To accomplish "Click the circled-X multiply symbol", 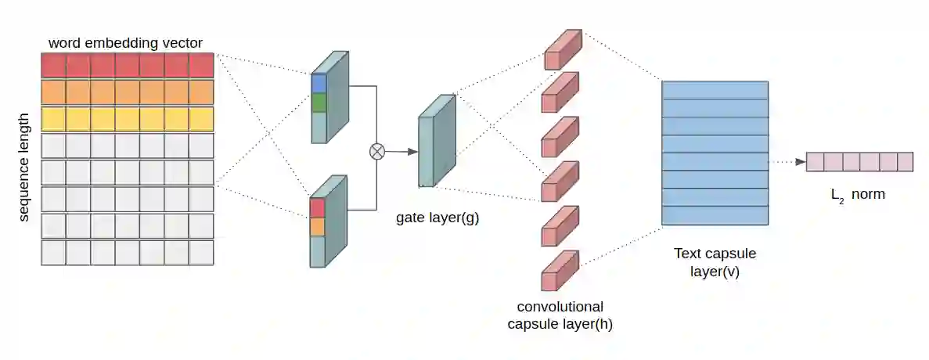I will coord(377,151).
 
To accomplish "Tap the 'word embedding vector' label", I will coord(126,41).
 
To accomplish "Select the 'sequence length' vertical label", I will coord(24,166).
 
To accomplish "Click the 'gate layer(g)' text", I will coord(437,218).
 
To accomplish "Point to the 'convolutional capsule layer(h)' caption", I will coord(560,315).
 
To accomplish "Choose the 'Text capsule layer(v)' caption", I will coord(715,263).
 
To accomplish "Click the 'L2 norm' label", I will coord(858,194).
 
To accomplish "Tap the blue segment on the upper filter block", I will coord(318,83).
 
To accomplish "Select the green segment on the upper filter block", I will coord(318,103).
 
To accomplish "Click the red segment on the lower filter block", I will coord(317,207).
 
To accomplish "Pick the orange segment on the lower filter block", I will coord(317,227).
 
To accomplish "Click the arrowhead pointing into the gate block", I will coord(412,151).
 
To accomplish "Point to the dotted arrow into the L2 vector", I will coord(786,162).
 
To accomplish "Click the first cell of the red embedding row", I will coord(53,66).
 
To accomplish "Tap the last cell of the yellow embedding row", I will coord(201,119).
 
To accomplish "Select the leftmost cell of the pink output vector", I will coord(815,162).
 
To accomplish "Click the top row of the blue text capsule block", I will coord(715,90).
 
